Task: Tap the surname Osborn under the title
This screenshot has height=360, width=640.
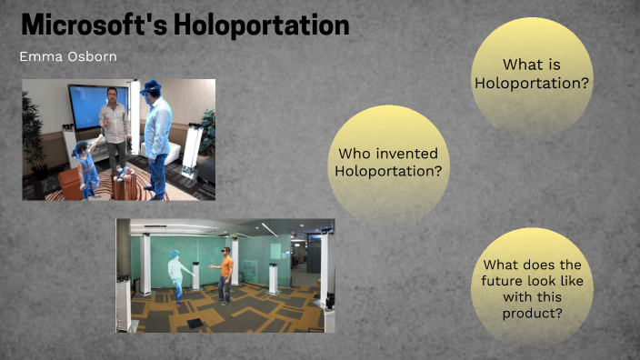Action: pyautogui.click(x=91, y=56)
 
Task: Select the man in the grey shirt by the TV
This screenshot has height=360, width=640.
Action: pyautogui.click(x=115, y=127)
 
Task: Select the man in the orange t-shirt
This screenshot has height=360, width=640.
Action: pyautogui.click(x=225, y=273)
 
